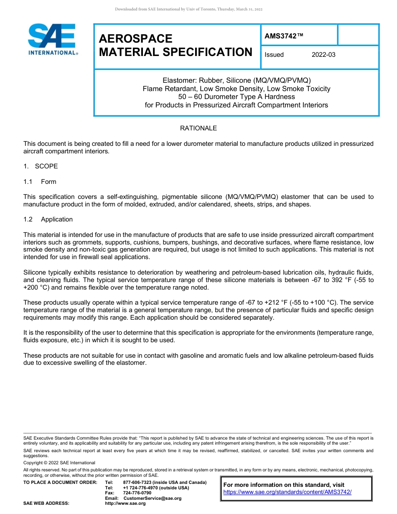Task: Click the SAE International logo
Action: point(52,39)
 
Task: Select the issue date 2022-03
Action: point(323,55)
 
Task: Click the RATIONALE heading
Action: point(198,128)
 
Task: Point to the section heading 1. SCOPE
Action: point(41,166)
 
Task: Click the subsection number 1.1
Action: point(28,182)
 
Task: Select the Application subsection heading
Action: point(56,219)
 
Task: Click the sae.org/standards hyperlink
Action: point(288,492)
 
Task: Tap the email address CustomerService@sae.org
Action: point(152,498)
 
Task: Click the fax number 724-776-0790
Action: point(137,493)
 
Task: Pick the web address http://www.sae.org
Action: point(125,504)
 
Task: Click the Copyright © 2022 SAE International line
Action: point(59,463)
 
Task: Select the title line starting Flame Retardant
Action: point(236,89)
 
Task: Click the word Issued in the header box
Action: point(274,55)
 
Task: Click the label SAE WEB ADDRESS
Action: point(46,504)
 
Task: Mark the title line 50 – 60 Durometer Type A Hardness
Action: point(236,97)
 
